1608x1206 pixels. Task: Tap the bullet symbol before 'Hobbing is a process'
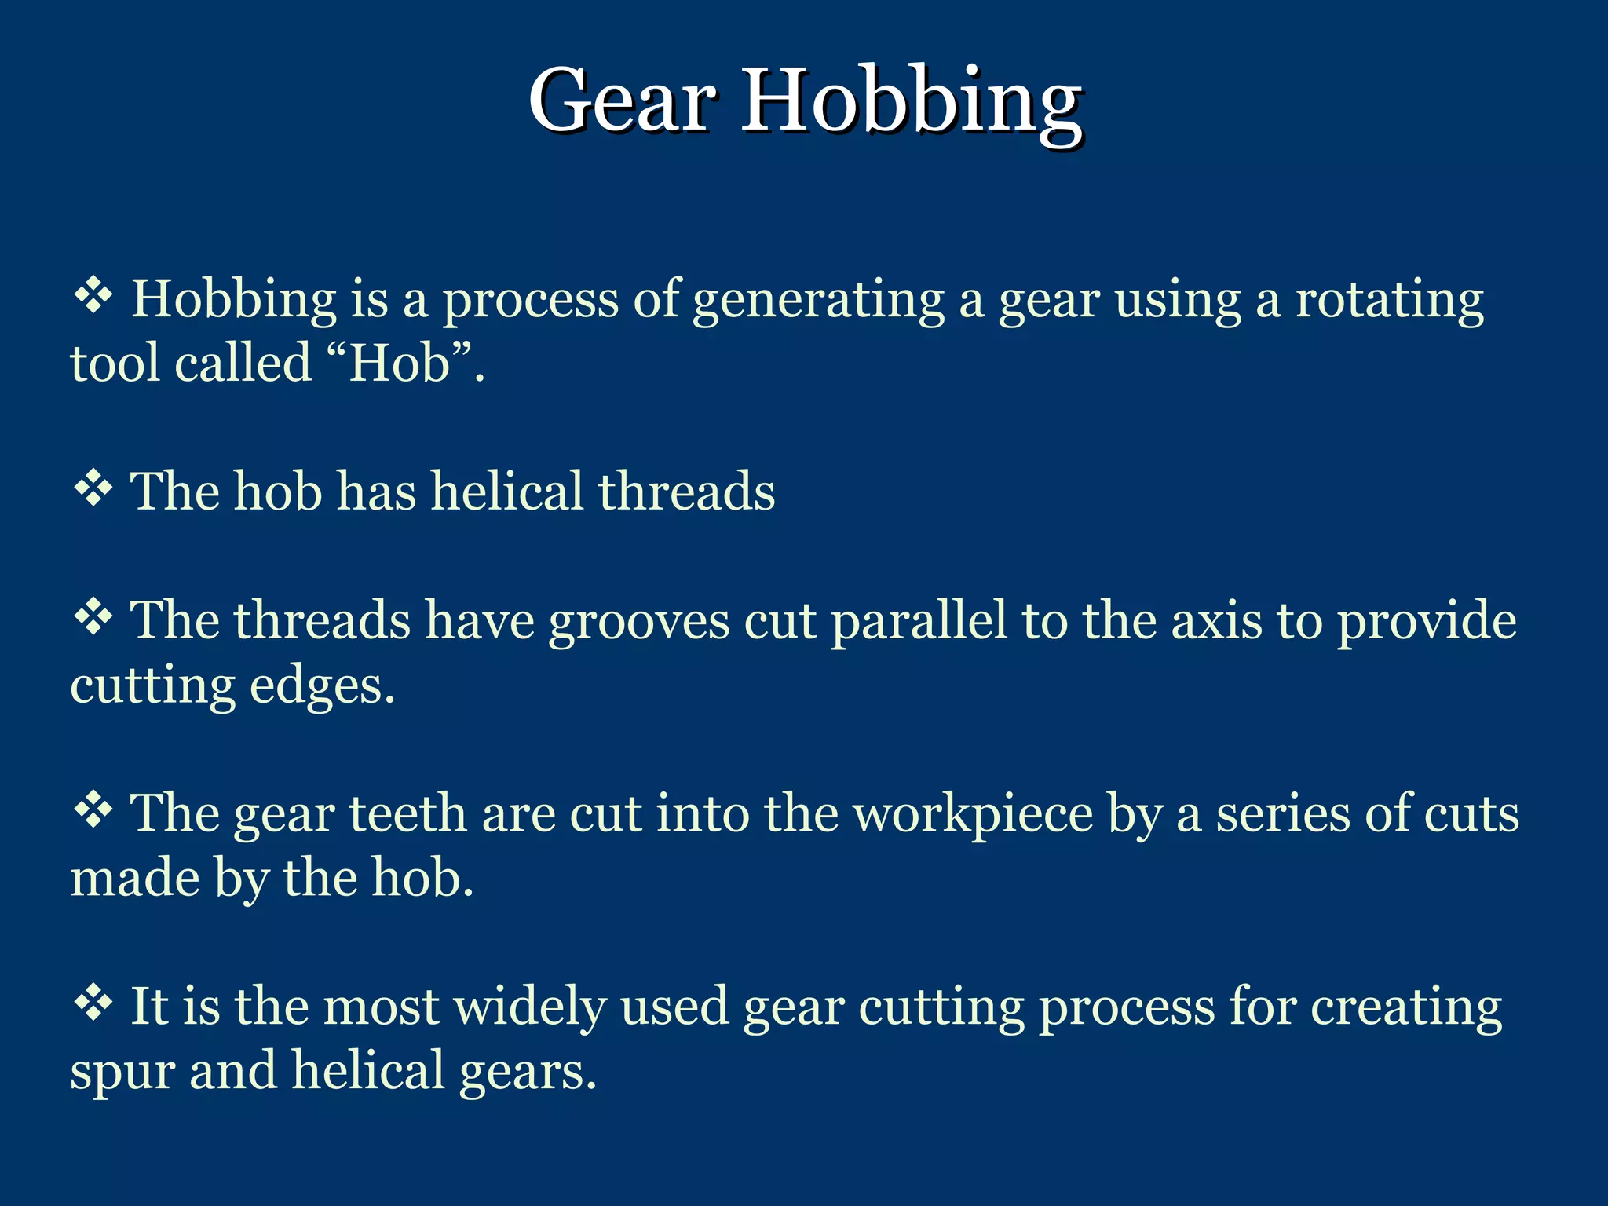point(93,298)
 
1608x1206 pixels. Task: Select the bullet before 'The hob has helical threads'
point(93,490)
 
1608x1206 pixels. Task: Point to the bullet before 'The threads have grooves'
point(93,619)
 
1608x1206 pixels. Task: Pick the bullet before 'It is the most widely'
point(93,1004)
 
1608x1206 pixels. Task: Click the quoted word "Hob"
point(400,364)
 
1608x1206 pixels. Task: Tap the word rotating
point(1389,300)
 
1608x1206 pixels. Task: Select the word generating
point(818,301)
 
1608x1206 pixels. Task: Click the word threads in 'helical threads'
point(686,492)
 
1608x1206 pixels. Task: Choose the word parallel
point(919,620)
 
